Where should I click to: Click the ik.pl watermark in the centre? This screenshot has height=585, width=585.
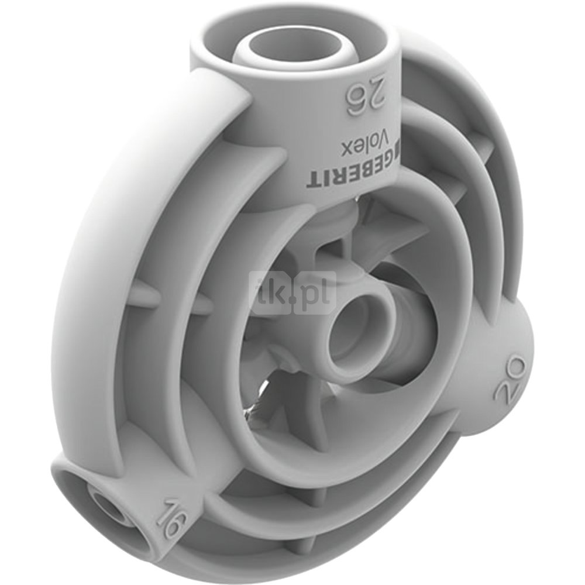point(293,293)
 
